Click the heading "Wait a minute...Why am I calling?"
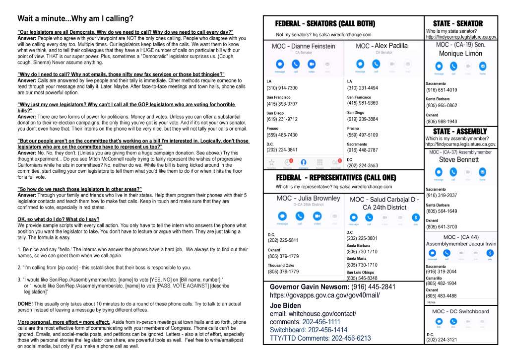[75, 19]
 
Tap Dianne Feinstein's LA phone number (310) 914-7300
[282, 88]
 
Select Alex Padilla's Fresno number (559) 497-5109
[363, 135]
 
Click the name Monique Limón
[460, 54]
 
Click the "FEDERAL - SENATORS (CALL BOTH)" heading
[325, 24]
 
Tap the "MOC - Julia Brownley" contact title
[303, 198]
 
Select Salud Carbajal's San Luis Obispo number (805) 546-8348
[362, 278]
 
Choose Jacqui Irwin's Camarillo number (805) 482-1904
[442, 284]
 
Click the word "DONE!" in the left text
[25, 303]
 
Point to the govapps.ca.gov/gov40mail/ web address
[324, 295]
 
